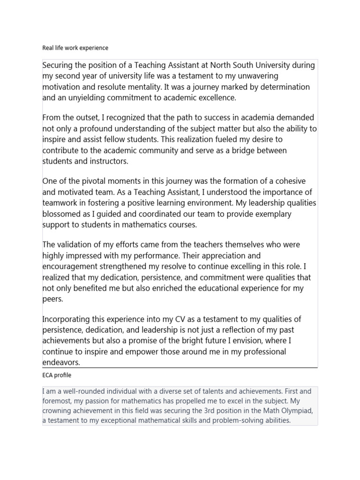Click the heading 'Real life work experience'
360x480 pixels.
75,48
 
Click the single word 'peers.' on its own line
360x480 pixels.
52,299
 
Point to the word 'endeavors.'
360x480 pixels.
61,362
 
